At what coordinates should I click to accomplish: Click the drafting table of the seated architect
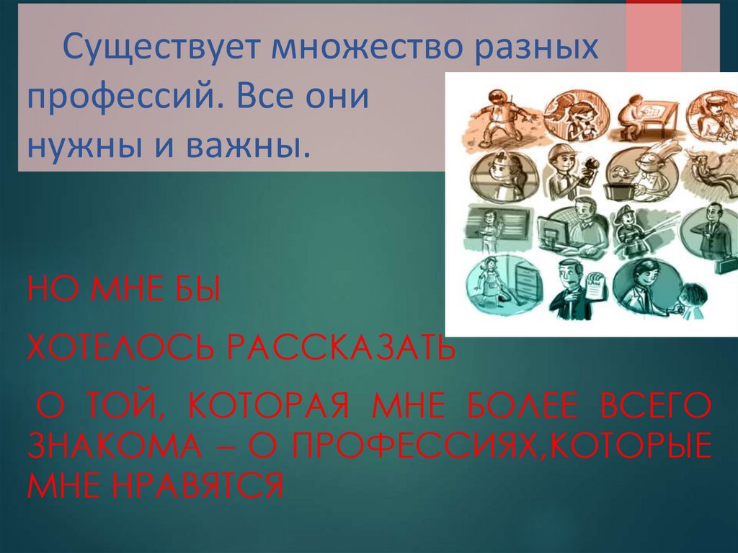pos(652,119)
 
